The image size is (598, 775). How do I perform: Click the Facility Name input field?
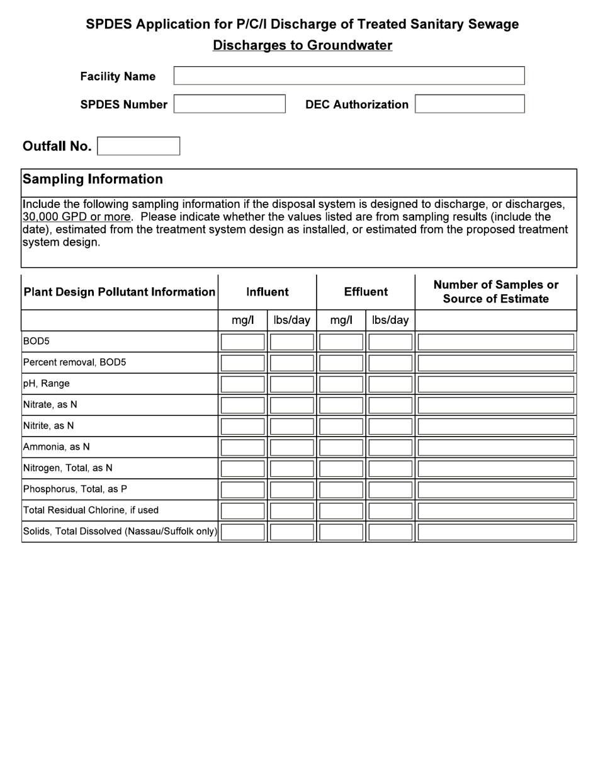tap(349, 76)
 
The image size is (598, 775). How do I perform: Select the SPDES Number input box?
tap(229, 104)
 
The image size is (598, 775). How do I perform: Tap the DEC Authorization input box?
tap(470, 104)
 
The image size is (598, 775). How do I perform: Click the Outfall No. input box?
tap(138, 146)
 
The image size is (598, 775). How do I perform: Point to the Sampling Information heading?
tap(93, 179)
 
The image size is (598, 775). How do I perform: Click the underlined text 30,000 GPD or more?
tap(77, 217)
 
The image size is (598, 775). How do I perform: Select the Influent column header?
tap(267, 292)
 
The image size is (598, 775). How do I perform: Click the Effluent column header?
tap(366, 292)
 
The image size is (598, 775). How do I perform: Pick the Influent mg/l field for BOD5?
tap(242, 342)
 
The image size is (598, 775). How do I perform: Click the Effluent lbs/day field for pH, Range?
tap(390, 384)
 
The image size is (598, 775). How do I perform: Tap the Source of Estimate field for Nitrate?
tap(496, 405)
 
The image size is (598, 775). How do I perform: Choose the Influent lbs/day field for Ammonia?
tap(291, 447)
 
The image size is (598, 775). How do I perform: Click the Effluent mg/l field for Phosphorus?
tap(341, 490)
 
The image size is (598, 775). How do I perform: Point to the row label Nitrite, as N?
tap(48, 426)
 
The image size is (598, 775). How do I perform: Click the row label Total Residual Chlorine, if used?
tap(91, 510)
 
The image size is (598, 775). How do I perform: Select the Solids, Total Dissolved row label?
tap(120, 531)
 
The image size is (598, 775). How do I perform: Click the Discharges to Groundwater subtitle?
tap(302, 45)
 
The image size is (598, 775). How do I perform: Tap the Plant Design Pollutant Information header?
tap(119, 292)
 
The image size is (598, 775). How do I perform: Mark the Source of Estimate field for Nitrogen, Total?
tap(496, 468)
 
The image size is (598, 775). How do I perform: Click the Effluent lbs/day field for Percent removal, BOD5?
tap(390, 363)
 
